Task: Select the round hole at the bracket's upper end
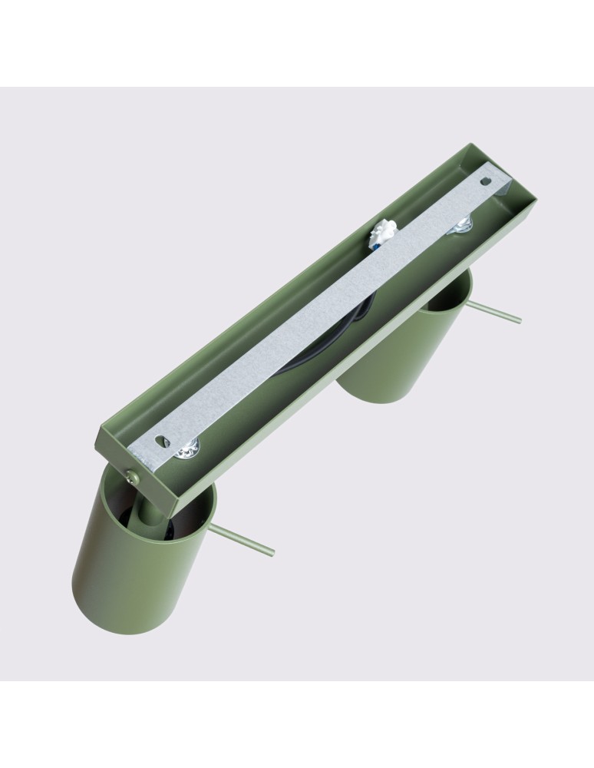(483, 181)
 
